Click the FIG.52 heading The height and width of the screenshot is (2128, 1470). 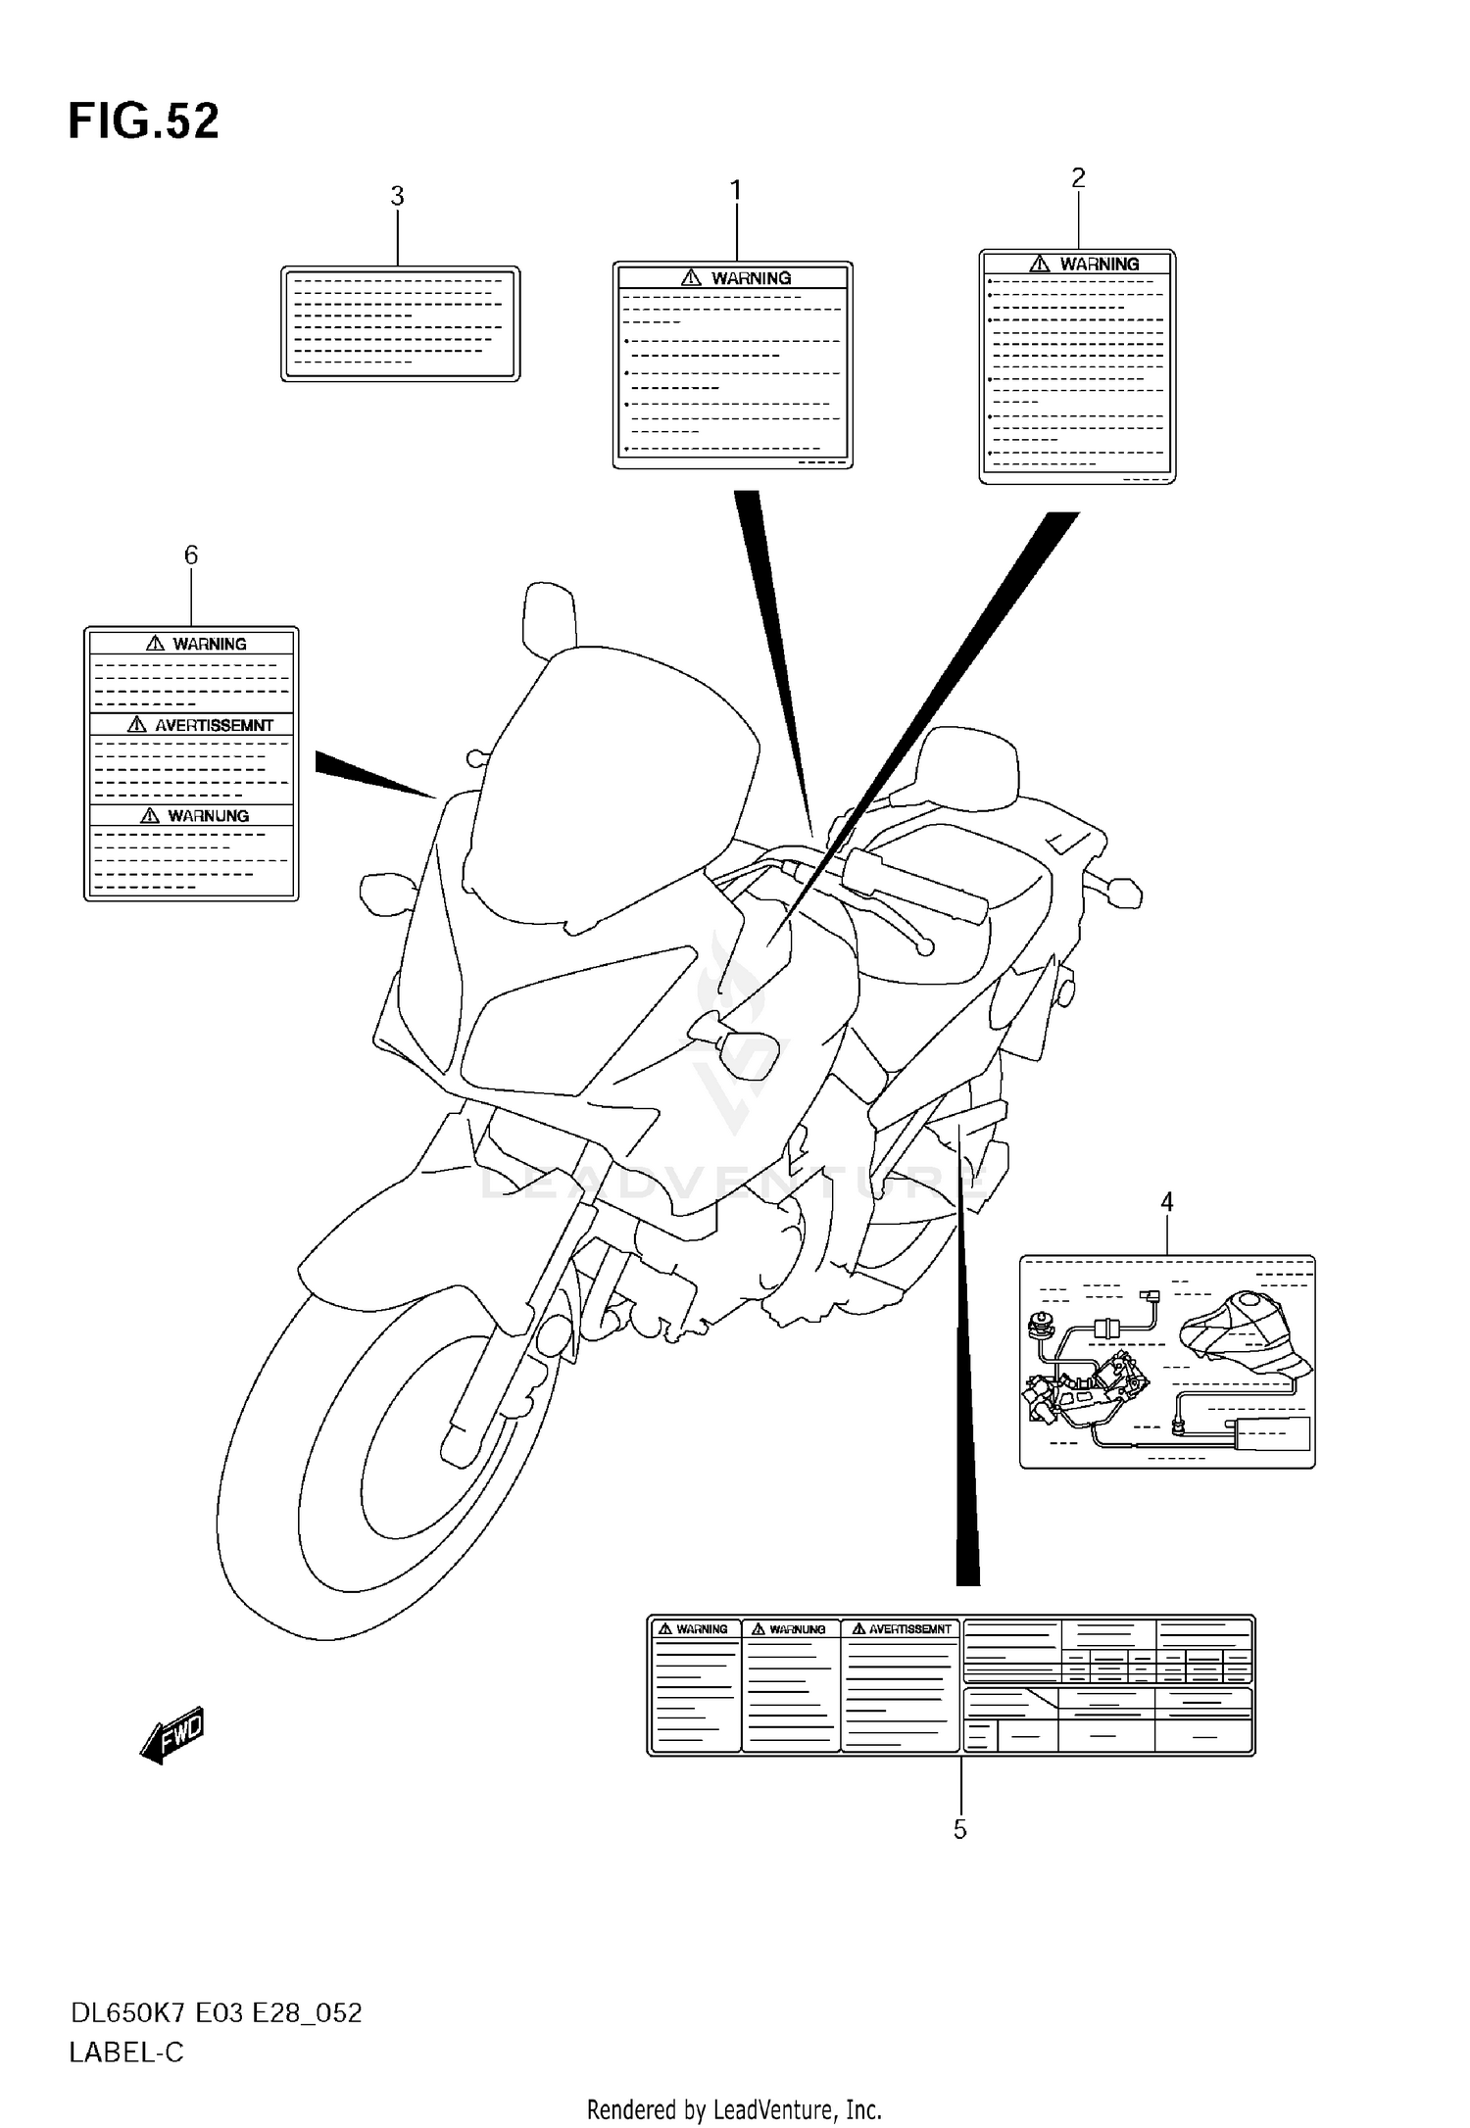(x=144, y=122)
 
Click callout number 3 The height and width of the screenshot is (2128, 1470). (x=397, y=196)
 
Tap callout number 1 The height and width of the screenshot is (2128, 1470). (x=735, y=190)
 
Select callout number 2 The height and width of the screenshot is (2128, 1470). (x=1078, y=177)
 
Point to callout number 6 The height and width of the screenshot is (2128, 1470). (x=191, y=556)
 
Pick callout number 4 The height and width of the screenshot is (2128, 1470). (x=1166, y=1201)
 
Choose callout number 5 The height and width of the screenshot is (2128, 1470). (x=960, y=1829)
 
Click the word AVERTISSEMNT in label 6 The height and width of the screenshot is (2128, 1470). (x=214, y=725)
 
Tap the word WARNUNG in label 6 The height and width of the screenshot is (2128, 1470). (x=208, y=815)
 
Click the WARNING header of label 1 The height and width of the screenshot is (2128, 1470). (x=751, y=278)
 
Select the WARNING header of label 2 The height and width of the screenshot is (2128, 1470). (x=1099, y=264)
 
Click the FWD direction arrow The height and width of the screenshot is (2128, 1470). (x=173, y=1735)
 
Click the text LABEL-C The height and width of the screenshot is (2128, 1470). (x=126, y=2053)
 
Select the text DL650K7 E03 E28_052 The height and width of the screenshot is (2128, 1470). (x=216, y=2013)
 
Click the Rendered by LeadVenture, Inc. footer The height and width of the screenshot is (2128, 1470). (x=734, y=2109)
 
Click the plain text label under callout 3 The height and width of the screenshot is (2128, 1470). (x=400, y=323)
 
